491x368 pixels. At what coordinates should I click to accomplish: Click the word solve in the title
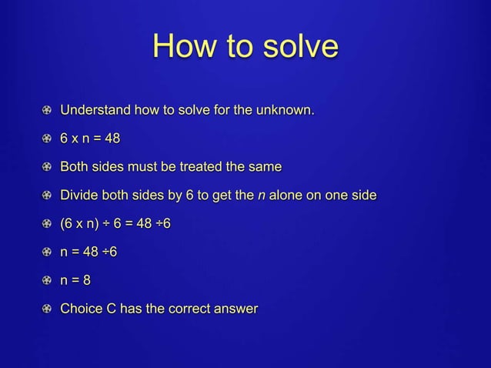(297, 46)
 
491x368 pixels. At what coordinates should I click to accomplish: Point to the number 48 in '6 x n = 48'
(111, 139)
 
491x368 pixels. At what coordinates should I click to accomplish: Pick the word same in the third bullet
(265, 167)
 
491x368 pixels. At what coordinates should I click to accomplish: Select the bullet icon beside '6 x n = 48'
(48, 139)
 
